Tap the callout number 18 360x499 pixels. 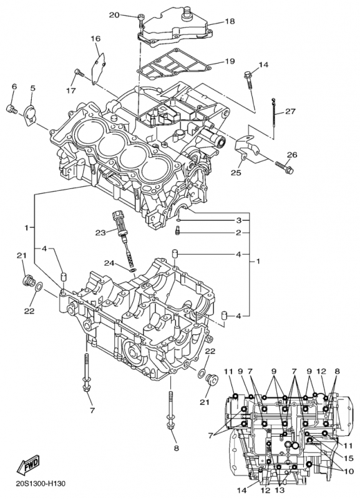coord(230,21)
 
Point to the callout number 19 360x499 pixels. coord(230,61)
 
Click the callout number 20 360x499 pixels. coord(114,14)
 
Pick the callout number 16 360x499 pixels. coord(95,39)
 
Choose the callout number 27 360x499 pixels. coord(290,112)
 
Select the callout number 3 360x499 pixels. coord(238,221)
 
